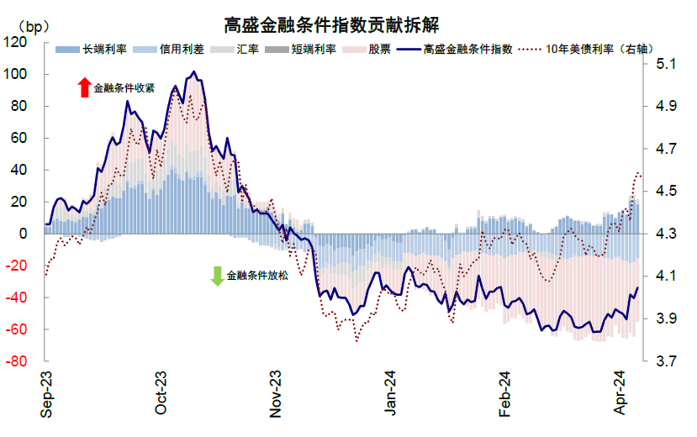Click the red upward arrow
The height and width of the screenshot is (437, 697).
pos(83,87)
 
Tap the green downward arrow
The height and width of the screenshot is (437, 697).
pos(217,276)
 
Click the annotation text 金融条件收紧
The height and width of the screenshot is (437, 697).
pos(124,88)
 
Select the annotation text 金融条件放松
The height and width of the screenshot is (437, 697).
pos(257,276)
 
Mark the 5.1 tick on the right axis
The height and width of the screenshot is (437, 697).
pos(665,64)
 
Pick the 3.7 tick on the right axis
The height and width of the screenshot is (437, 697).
pos(665,361)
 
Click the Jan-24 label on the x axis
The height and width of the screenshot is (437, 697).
pos(390,394)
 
